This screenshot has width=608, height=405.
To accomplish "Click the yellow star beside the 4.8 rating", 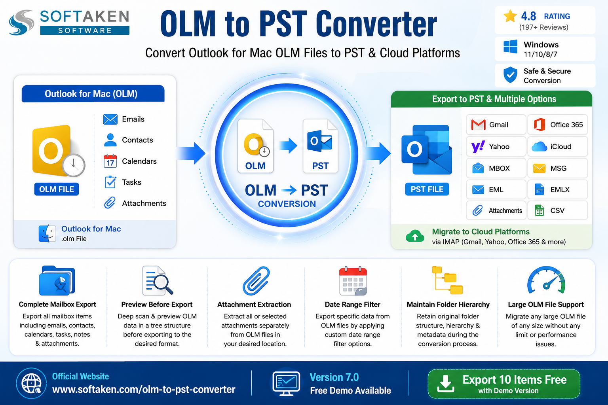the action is tap(510, 16).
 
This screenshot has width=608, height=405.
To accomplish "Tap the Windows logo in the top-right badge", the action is tap(510, 47).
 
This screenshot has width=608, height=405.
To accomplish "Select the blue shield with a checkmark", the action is tap(510, 75).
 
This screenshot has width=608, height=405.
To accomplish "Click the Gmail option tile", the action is tap(496, 125).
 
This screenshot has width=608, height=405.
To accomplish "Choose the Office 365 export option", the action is tap(557, 125).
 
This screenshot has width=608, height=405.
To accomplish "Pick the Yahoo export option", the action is tap(496, 146).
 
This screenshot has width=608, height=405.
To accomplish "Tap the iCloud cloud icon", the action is tap(539, 146).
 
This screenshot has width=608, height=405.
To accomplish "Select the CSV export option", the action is tap(557, 210).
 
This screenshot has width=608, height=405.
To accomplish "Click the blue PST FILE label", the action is tap(427, 189).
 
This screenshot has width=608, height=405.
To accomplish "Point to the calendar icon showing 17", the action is tap(110, 161).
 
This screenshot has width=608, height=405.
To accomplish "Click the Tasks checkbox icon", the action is tap(110, 182).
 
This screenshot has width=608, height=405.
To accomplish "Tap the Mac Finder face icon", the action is tap(47, 234).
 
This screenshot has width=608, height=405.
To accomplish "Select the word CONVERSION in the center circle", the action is tap(287, 204).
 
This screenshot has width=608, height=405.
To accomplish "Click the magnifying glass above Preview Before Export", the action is tap(163, 284).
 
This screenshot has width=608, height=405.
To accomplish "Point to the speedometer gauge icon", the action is tap(546, 280).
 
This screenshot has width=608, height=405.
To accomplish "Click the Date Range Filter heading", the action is tap(352, 305).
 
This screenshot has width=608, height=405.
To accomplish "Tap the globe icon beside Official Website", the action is tap(31, 383).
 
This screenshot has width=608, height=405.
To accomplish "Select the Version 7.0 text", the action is tap(334, 377).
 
